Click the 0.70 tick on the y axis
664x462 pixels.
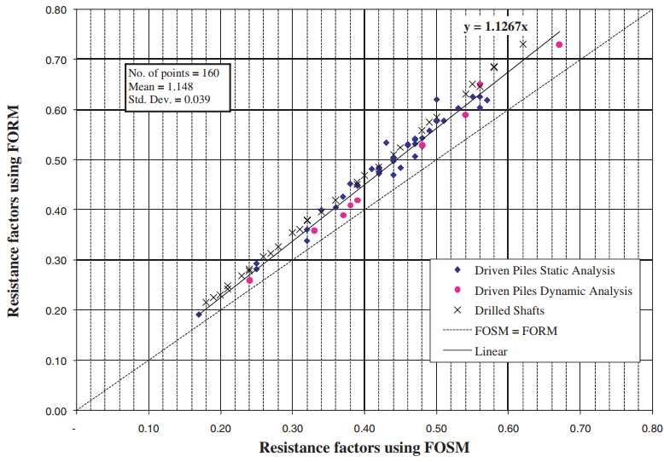55,60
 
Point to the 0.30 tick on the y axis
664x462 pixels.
55,260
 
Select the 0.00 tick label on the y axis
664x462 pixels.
55,411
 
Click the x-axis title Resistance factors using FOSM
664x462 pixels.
364,447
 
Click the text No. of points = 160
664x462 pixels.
173,73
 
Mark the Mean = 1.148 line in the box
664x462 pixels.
158,86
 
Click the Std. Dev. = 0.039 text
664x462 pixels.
169,99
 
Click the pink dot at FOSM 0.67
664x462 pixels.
559,44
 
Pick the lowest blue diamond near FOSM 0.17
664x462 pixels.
199,315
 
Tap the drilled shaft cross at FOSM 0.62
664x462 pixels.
523,43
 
